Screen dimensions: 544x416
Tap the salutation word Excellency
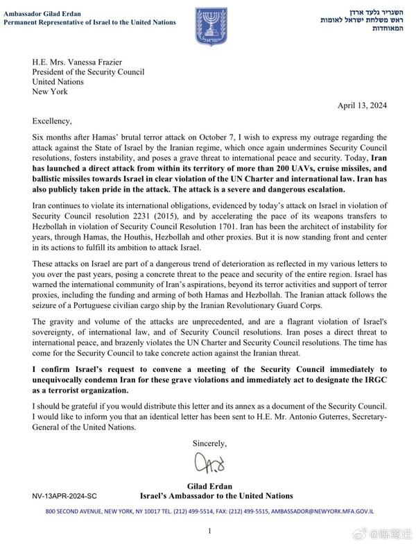click(52, 121)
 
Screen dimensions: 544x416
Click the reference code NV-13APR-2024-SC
click(64, 497)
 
